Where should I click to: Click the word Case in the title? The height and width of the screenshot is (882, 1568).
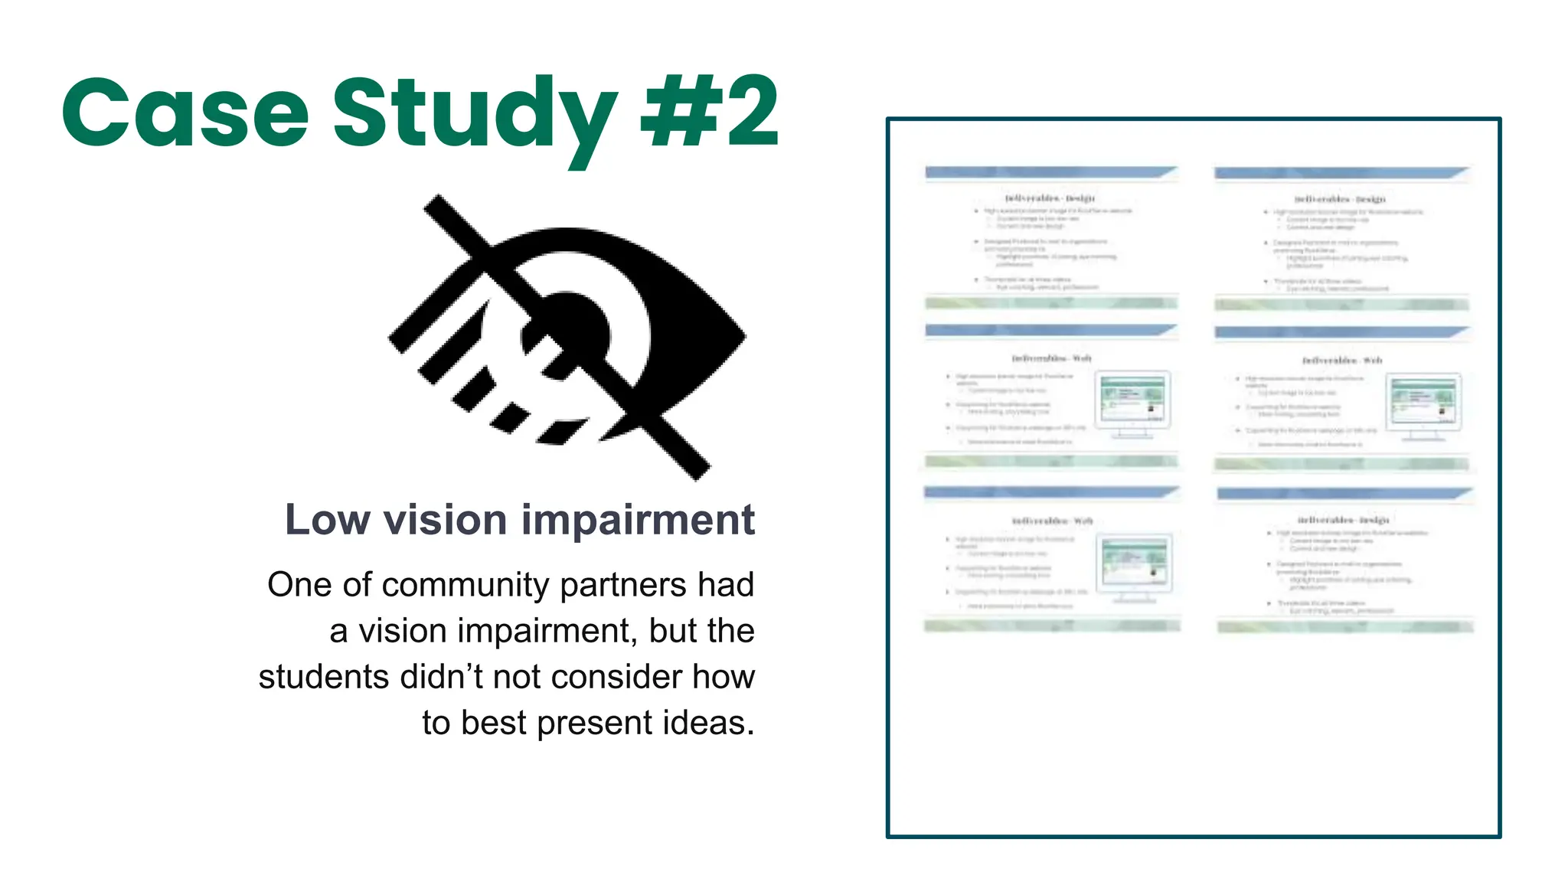click(x=185, y=113)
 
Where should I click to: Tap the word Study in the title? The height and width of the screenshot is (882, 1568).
click(x=475, y=115)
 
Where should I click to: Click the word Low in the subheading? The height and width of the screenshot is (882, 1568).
click(x=326, y=520)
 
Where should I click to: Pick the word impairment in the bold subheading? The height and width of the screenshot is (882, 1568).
click(x=638, y=521)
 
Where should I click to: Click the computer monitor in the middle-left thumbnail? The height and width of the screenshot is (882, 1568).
click(x=1133, y=402)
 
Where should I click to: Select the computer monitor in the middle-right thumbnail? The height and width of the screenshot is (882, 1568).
click(x=1423, y=404)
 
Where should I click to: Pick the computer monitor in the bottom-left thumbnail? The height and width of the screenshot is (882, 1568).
click(x=1134, y=565)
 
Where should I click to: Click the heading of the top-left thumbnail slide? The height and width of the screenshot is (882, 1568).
click(x=1050, y=198)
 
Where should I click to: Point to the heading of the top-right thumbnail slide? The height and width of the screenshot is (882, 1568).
click(x=1340, y=199)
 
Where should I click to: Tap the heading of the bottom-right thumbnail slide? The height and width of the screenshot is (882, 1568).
click(x=1343, y=520)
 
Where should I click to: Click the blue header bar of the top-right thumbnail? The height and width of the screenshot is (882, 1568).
click(x=1340, y=173)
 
